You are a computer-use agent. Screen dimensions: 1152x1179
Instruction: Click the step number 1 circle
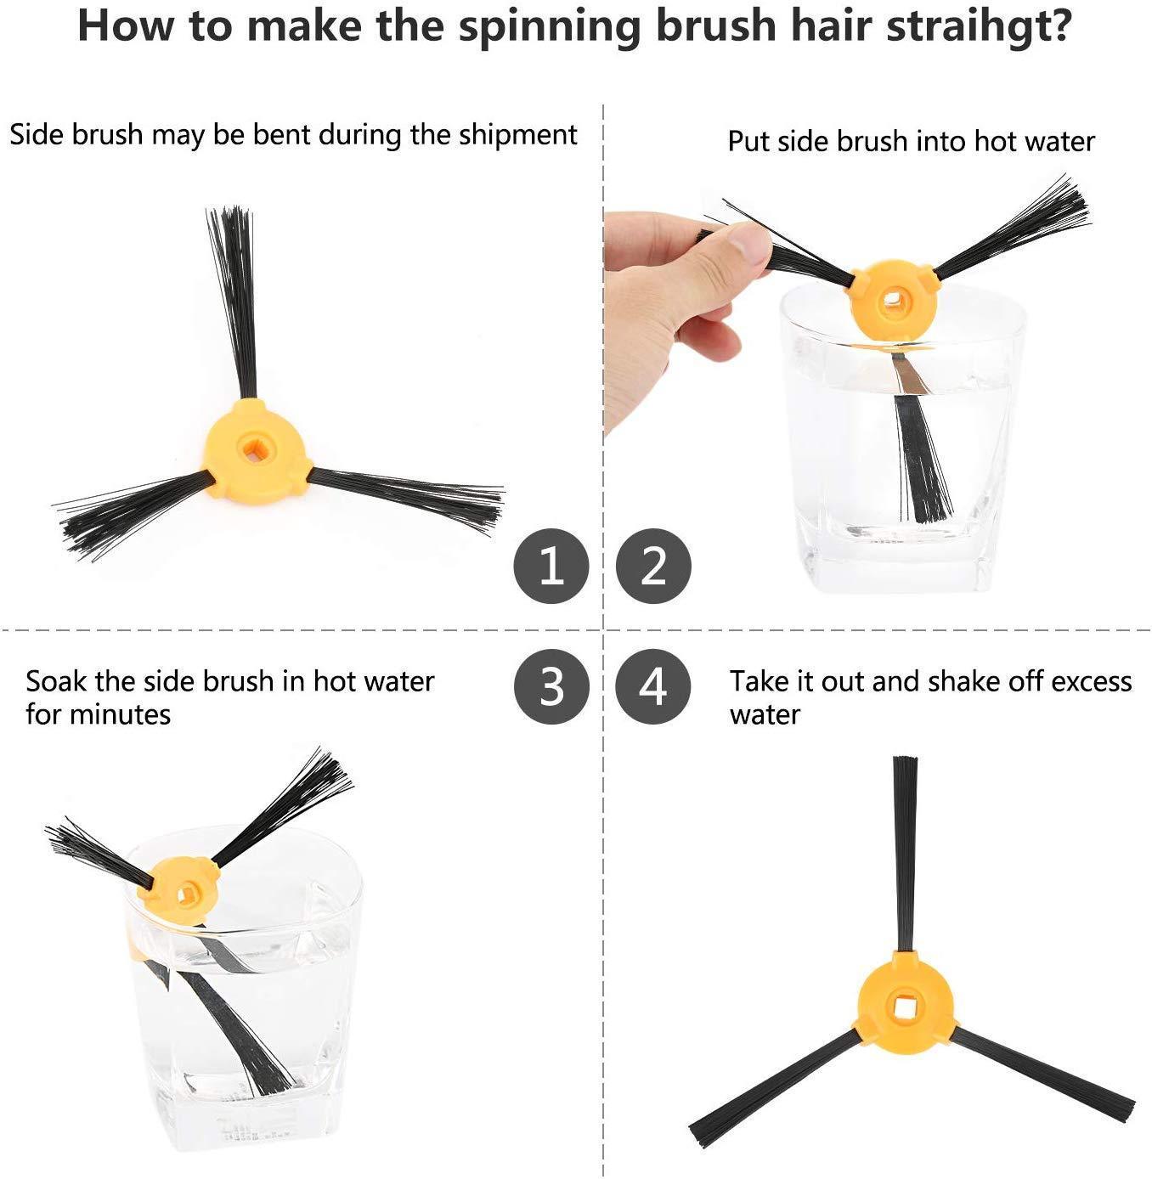[x=551, y=566]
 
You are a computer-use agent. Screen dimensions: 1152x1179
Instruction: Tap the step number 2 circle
[x=653, y=566]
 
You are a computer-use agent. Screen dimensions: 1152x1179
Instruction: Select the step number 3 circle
[x=551, y=686]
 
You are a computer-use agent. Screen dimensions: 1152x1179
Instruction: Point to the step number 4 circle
[x=653, y=686]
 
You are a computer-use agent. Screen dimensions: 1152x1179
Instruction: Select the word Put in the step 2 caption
[x=748, y=142]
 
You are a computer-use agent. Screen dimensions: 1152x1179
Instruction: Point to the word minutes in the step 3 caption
[x=120, y=715]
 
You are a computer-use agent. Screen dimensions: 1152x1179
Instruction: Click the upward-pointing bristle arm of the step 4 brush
[x=904, y=855]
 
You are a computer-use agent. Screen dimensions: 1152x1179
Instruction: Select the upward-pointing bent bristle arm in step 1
[x=234, y=303]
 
